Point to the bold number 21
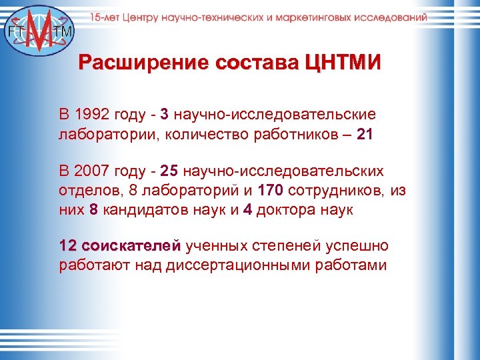(365, 135)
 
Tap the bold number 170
(270, 192)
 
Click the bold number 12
(69, 247)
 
